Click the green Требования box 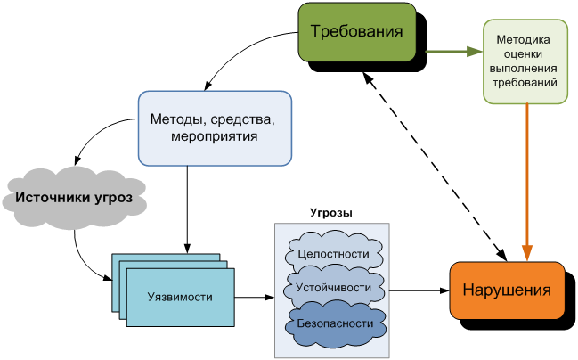tap(357, 32)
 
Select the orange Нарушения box tap(507, 290)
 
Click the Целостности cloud tap(334, 253)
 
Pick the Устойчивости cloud tap(334, 288)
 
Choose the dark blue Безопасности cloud tap(334, 323)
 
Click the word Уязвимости tap(179, 298)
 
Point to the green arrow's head tap(474, 52)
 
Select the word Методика tap(525, 39)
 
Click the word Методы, tap(176, 119)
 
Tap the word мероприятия tap(214, 137)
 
